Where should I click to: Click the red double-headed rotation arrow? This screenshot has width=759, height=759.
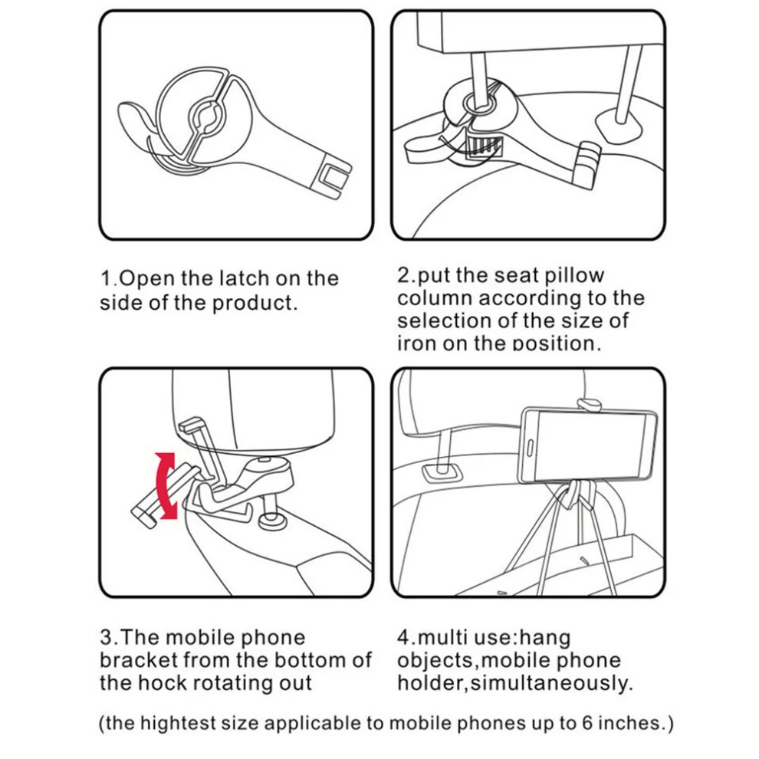(166, 485)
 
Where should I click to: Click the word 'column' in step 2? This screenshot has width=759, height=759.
(435, 298)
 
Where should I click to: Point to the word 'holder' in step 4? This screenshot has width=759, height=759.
(431, 684)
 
